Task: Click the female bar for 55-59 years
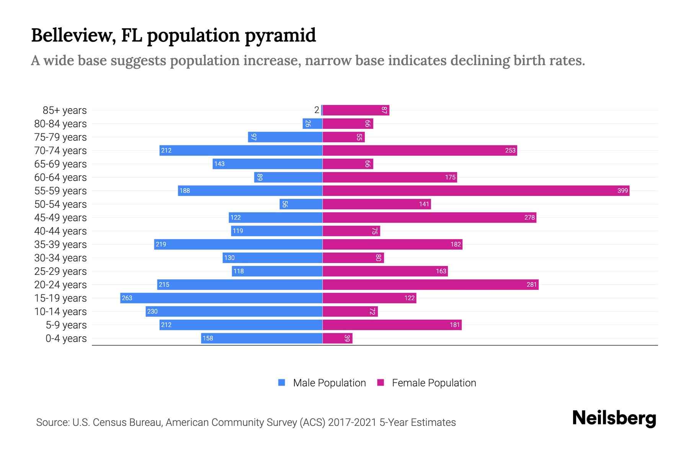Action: tap(476, 191)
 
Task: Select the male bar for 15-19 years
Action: tap(221, 298)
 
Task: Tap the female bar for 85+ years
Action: tap(356, 110)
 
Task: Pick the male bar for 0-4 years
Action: tap(262, 338)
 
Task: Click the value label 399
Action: tap(622, 191)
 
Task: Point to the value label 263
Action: tap(127, 298)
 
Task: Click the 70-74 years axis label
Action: tap(60, 150)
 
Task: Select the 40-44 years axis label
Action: tap(60, 231)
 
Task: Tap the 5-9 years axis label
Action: tap(66, 325)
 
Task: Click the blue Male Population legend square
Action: tap(282, 383)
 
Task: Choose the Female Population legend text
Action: tap(434, 383)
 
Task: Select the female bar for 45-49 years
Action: tap(429, 217)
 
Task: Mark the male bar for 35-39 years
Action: tap(238, 244)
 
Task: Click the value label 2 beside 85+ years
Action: tap(317, 110)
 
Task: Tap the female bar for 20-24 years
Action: tap(430, 284)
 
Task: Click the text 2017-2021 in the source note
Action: tap(352, 422)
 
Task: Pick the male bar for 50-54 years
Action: tap(301, 204)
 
